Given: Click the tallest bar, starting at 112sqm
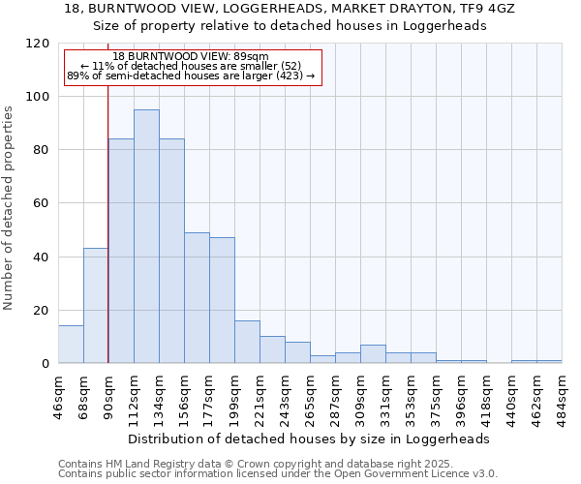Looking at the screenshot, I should click(x=146, y=236).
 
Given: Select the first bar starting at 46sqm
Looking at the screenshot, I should click(x=71, y=345).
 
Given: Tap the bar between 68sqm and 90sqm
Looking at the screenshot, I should click(x=96, y=306).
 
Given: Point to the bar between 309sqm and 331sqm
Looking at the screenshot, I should click(x=373, y=354).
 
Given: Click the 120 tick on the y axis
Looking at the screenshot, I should click(x=39, y=44).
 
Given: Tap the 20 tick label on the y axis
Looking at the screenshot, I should click(x=42, y=310).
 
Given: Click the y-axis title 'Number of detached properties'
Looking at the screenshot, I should click(x=10, y=208).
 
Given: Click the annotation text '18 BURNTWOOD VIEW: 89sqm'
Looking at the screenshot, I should click(x=191, y=57).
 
